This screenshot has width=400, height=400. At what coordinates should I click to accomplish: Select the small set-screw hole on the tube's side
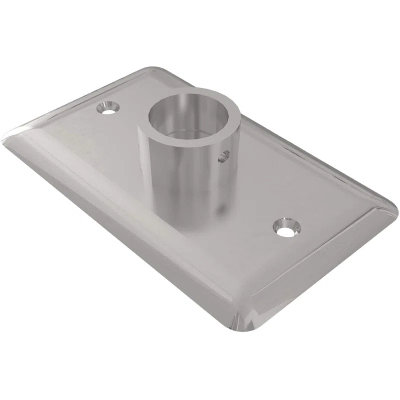223,156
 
